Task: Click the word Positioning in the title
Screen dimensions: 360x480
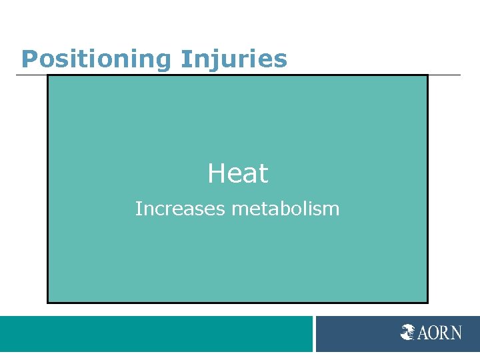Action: (x=97, y=59)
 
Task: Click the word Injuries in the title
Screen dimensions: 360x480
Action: (x=234, y=59)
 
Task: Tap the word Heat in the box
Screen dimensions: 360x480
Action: (x=237, y=174)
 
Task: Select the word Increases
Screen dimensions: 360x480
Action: (x=180, y=209)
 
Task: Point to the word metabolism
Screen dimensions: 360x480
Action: (x=285, y=209)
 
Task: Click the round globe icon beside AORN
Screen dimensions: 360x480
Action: (x=408, y=332)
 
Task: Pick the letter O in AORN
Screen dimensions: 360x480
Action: (x=435, y=332)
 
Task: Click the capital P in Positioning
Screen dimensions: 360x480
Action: (x=29, y=59)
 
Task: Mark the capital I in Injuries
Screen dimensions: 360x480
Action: (x=184, y=59)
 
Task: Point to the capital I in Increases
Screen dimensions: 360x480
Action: (x=137, y=209)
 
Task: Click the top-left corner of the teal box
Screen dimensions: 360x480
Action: (x=48, y=75)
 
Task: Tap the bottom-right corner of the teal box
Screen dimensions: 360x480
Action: (x=427, y=302)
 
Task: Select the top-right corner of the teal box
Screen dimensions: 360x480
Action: (x=427, y=75)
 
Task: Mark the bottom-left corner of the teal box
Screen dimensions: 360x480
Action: (x=48, y=302)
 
